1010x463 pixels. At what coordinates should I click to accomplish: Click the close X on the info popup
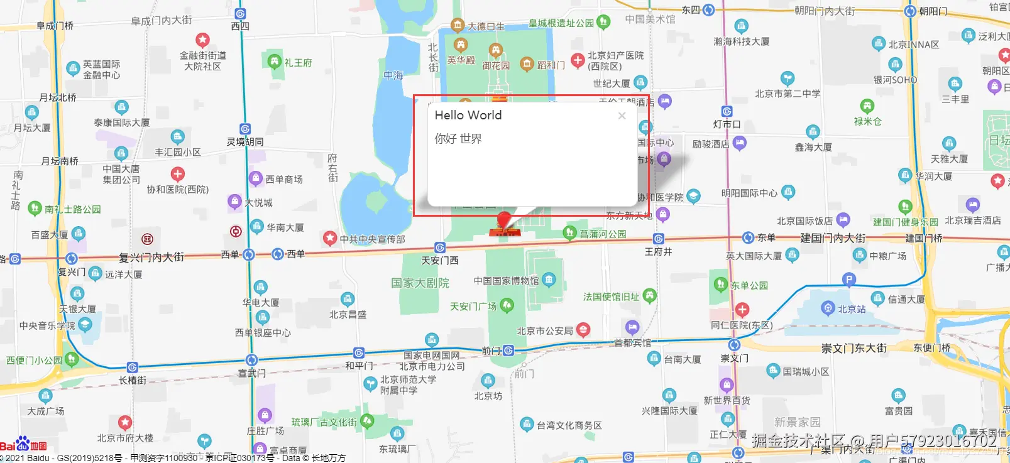pyautogui.click(x=622, y=116)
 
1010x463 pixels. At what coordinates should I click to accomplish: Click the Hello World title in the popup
pyautogui.click(x=468, y=115)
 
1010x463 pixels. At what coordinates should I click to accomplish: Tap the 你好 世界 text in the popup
pyautogui.click(x=458, y=139)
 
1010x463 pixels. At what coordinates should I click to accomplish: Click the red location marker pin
pyautogui.click(x=503, y=221)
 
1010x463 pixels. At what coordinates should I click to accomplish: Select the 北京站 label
pyautogui.click(x=852, y=309)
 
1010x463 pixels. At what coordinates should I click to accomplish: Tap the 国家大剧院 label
pyautogui.click(x=420, y=283)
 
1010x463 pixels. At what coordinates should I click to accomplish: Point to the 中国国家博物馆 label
pyautogui.click(x=506, y=281)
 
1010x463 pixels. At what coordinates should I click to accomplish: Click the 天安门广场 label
pyautogui.click(x=473, y=307)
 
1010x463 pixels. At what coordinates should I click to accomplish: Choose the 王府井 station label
pyautogui.click(x=658, y=252)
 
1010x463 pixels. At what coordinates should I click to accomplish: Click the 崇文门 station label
pyautogui.click(x=734, y=359)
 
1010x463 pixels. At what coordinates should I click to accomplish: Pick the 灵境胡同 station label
pyautogui.click(x=245, y=142)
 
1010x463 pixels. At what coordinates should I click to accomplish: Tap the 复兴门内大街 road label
pyautogui.click(x=151, y=257)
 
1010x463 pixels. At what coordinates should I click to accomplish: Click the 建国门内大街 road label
pyautogui.click(x=833, y=238)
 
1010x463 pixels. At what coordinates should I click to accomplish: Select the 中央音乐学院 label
pyautogui.click(x=47, y=325)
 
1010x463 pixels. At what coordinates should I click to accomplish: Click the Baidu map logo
pyautogui.click(x=23, y=445)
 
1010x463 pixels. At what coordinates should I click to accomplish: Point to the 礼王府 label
pyautogui.click(x=298, y=63)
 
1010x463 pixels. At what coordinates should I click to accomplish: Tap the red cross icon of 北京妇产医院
pyautogui.click(x=578, y=60)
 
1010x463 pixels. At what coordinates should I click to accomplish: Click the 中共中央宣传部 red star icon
pyautogui.click(x=330, y=239)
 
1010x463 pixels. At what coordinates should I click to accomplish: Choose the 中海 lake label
pyautogui.click(x=393, y=75)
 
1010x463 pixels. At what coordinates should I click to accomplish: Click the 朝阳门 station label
pyautogui.click(x=933, y=11)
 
